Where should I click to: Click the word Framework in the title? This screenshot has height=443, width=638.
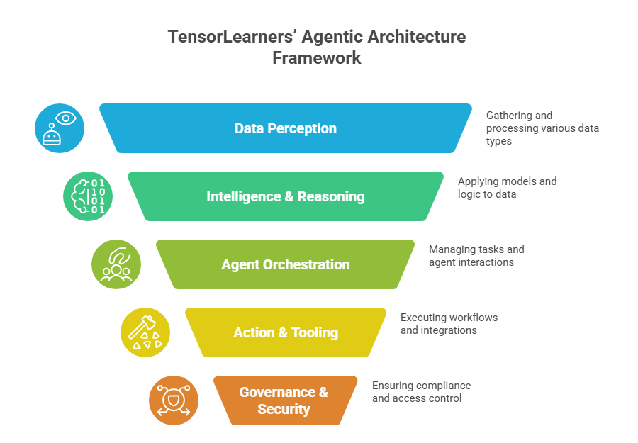(317, 58)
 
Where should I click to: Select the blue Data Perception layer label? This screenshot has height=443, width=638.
(286, 128)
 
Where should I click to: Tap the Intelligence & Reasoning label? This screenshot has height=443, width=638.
(286, 196)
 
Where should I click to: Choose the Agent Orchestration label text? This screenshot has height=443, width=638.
(286, 264)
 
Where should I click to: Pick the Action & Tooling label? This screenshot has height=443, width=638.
(286, 332)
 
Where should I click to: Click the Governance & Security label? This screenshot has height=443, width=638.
(284, 400)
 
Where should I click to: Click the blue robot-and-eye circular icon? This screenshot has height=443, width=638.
(60, 128)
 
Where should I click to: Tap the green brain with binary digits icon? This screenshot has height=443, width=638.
(88, 196)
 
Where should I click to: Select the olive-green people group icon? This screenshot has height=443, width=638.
(116, 264)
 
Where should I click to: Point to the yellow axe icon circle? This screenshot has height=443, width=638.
(145, 332)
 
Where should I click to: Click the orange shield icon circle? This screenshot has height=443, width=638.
(174, 400)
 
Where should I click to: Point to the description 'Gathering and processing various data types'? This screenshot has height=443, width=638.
(542, 128)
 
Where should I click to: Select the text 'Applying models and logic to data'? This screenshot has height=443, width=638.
(507, 187)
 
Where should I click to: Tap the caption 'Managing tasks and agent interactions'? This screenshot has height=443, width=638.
(476, 255)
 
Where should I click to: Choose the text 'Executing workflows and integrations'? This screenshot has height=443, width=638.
(449, 323)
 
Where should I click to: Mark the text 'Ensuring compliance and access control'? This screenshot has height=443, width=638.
(421, 391)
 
